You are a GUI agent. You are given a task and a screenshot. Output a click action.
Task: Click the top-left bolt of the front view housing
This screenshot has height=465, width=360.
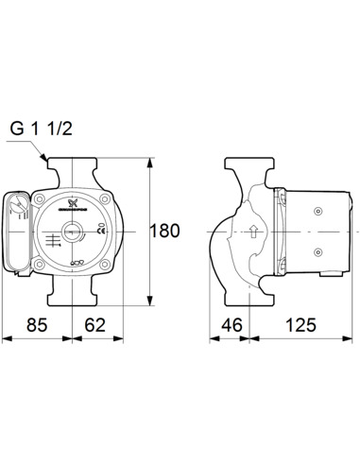tap(41, 199)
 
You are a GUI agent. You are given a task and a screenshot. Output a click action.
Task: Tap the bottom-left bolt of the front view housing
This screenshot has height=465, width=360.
tap(41, 264)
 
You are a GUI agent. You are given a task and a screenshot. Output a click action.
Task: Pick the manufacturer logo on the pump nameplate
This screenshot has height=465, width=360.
tap(74, 204)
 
